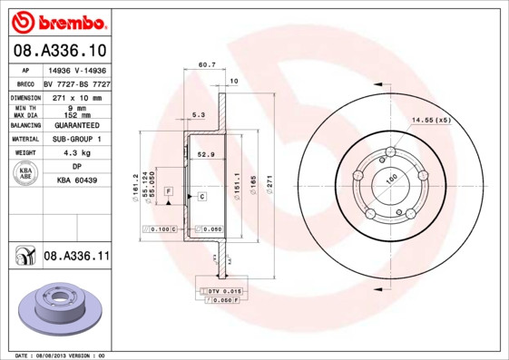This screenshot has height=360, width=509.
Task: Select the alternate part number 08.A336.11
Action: coord(75,257)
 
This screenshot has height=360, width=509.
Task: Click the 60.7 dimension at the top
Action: coord(206,64)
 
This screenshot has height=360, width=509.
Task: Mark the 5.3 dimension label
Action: coord(199,114)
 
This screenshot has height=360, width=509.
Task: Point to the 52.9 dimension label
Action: coord(206,155)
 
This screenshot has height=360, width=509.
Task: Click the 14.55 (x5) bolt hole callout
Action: coord(431,120)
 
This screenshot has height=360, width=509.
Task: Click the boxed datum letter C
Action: coord(201,196)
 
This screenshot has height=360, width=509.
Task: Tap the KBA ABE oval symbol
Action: coord(26,173)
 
